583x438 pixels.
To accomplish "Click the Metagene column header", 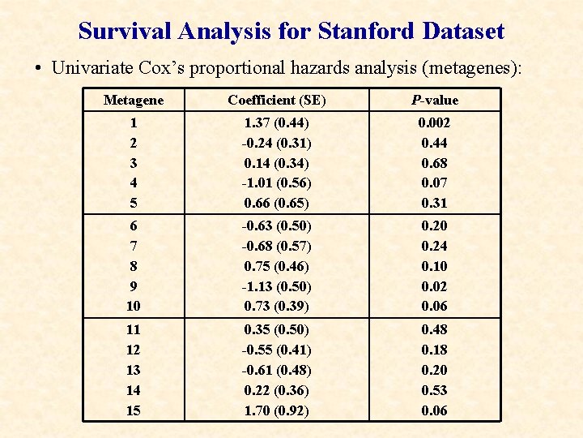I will point(133,100).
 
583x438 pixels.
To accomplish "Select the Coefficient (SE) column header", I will point(277,100).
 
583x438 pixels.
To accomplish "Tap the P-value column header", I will point(434,100).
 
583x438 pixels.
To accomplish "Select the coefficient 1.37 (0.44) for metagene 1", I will point(277,123).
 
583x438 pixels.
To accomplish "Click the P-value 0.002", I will point(434,123).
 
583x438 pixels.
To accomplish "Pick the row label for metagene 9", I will point(133,286).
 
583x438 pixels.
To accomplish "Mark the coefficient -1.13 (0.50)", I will point(277,286).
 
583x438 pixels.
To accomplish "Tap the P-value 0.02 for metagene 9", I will point(434,286).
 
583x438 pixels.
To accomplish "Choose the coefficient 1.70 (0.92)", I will point(277,410).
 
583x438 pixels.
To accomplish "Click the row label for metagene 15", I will point(133,410).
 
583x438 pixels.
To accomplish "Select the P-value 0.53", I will point(434,390).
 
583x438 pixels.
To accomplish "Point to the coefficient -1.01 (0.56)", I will point(277,182).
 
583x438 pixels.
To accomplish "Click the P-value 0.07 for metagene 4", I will point(434,182).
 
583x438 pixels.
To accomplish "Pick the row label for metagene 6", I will point(133,225).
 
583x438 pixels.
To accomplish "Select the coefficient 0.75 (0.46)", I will point(277,266).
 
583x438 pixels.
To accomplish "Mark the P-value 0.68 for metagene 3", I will point(434,163).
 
